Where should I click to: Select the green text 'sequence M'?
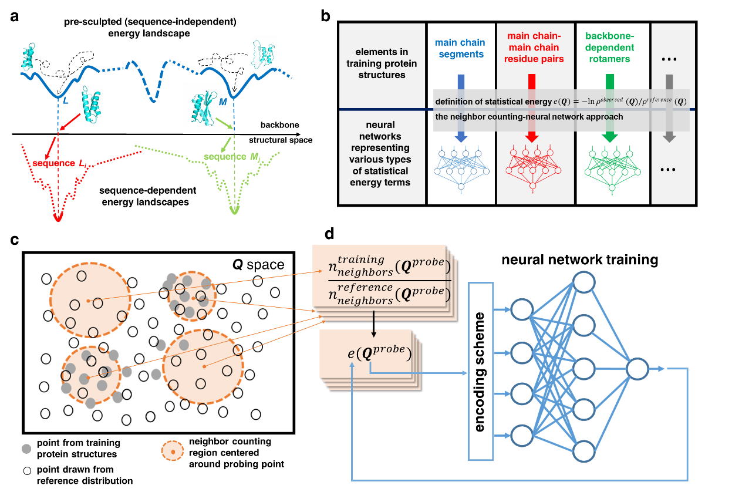pyautogui.click(x=225, y=157)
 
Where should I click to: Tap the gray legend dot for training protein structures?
pyautogui.click(x=26, y=449)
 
